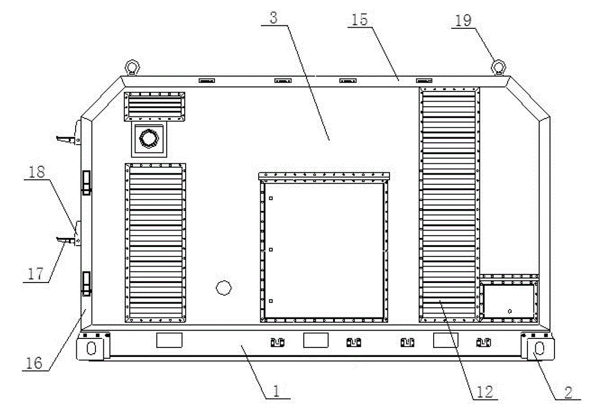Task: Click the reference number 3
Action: click(273, 18)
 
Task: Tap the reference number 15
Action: click(359, 19)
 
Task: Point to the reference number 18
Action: click(38, 172)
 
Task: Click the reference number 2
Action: click(569, 390)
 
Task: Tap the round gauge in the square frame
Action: click(148, 139)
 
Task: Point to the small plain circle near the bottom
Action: click(224, 288)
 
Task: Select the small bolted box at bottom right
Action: click(508, 299)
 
